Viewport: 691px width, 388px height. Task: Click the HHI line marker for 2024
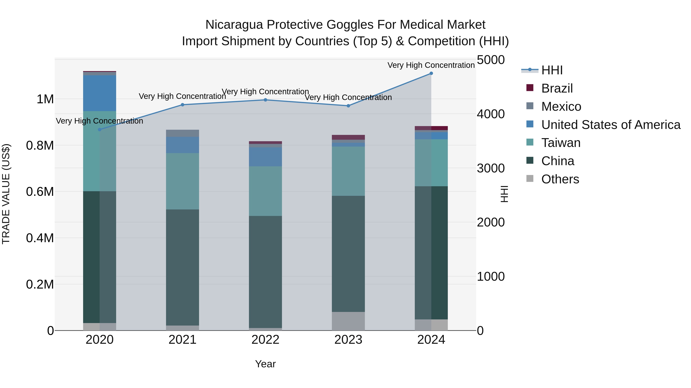[431, 73]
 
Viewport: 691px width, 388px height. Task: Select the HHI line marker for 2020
[99, 130]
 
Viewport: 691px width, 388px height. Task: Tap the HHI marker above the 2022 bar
[265, 100]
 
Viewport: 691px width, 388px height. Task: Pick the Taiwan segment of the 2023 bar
[348, 171]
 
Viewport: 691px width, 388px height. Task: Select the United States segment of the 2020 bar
[99, 93]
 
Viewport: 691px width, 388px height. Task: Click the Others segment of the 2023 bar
[348, 321]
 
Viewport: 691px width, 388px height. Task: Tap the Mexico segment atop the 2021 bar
[182, 133]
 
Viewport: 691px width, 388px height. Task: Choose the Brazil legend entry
[557, 88]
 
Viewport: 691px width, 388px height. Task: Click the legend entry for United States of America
[611, 125]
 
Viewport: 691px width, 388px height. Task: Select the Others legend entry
[560, 179]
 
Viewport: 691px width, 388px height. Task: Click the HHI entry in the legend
[552, 70]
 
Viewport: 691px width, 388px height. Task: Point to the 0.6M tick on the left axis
[40, 192]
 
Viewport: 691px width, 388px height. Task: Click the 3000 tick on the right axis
[491, 168]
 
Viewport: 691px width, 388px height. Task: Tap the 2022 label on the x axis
[265, 340]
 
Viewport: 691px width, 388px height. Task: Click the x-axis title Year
[265, 364]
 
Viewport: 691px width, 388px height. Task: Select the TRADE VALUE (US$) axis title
[6, 194]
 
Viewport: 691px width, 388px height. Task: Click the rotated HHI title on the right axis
[504, 194]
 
